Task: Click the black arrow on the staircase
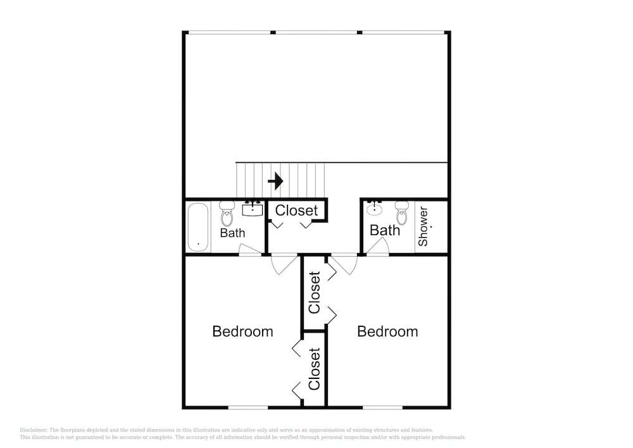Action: [x=276, y=181]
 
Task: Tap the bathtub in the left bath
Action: [x=198, y=227]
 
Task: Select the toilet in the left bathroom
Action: [x=227, y=214]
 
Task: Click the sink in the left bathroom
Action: [x=253, y=209]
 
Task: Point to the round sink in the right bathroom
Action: [x=375, y=208]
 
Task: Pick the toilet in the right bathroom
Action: [x=402, y=213]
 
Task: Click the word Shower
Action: [x=423, y=226]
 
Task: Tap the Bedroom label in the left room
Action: [x=242, y=331]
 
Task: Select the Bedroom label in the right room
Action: [x=387, y=331]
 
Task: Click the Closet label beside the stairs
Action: [x=296, y=210]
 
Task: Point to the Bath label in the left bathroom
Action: [x=232, y=233]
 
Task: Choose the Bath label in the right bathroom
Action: [x=385, y=230]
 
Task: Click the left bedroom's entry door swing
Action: [x=284, y=265]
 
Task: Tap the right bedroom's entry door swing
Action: [x=344, y=265]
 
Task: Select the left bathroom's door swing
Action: [x=250, y=250]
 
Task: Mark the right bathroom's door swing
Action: [x=378, y=246]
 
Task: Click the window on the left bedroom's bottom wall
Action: [x=248, y=407]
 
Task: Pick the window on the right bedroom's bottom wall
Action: [x=383, y=407]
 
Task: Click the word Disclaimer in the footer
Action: [x=34, y=430]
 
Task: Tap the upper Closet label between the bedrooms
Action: [x=314, y=293]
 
